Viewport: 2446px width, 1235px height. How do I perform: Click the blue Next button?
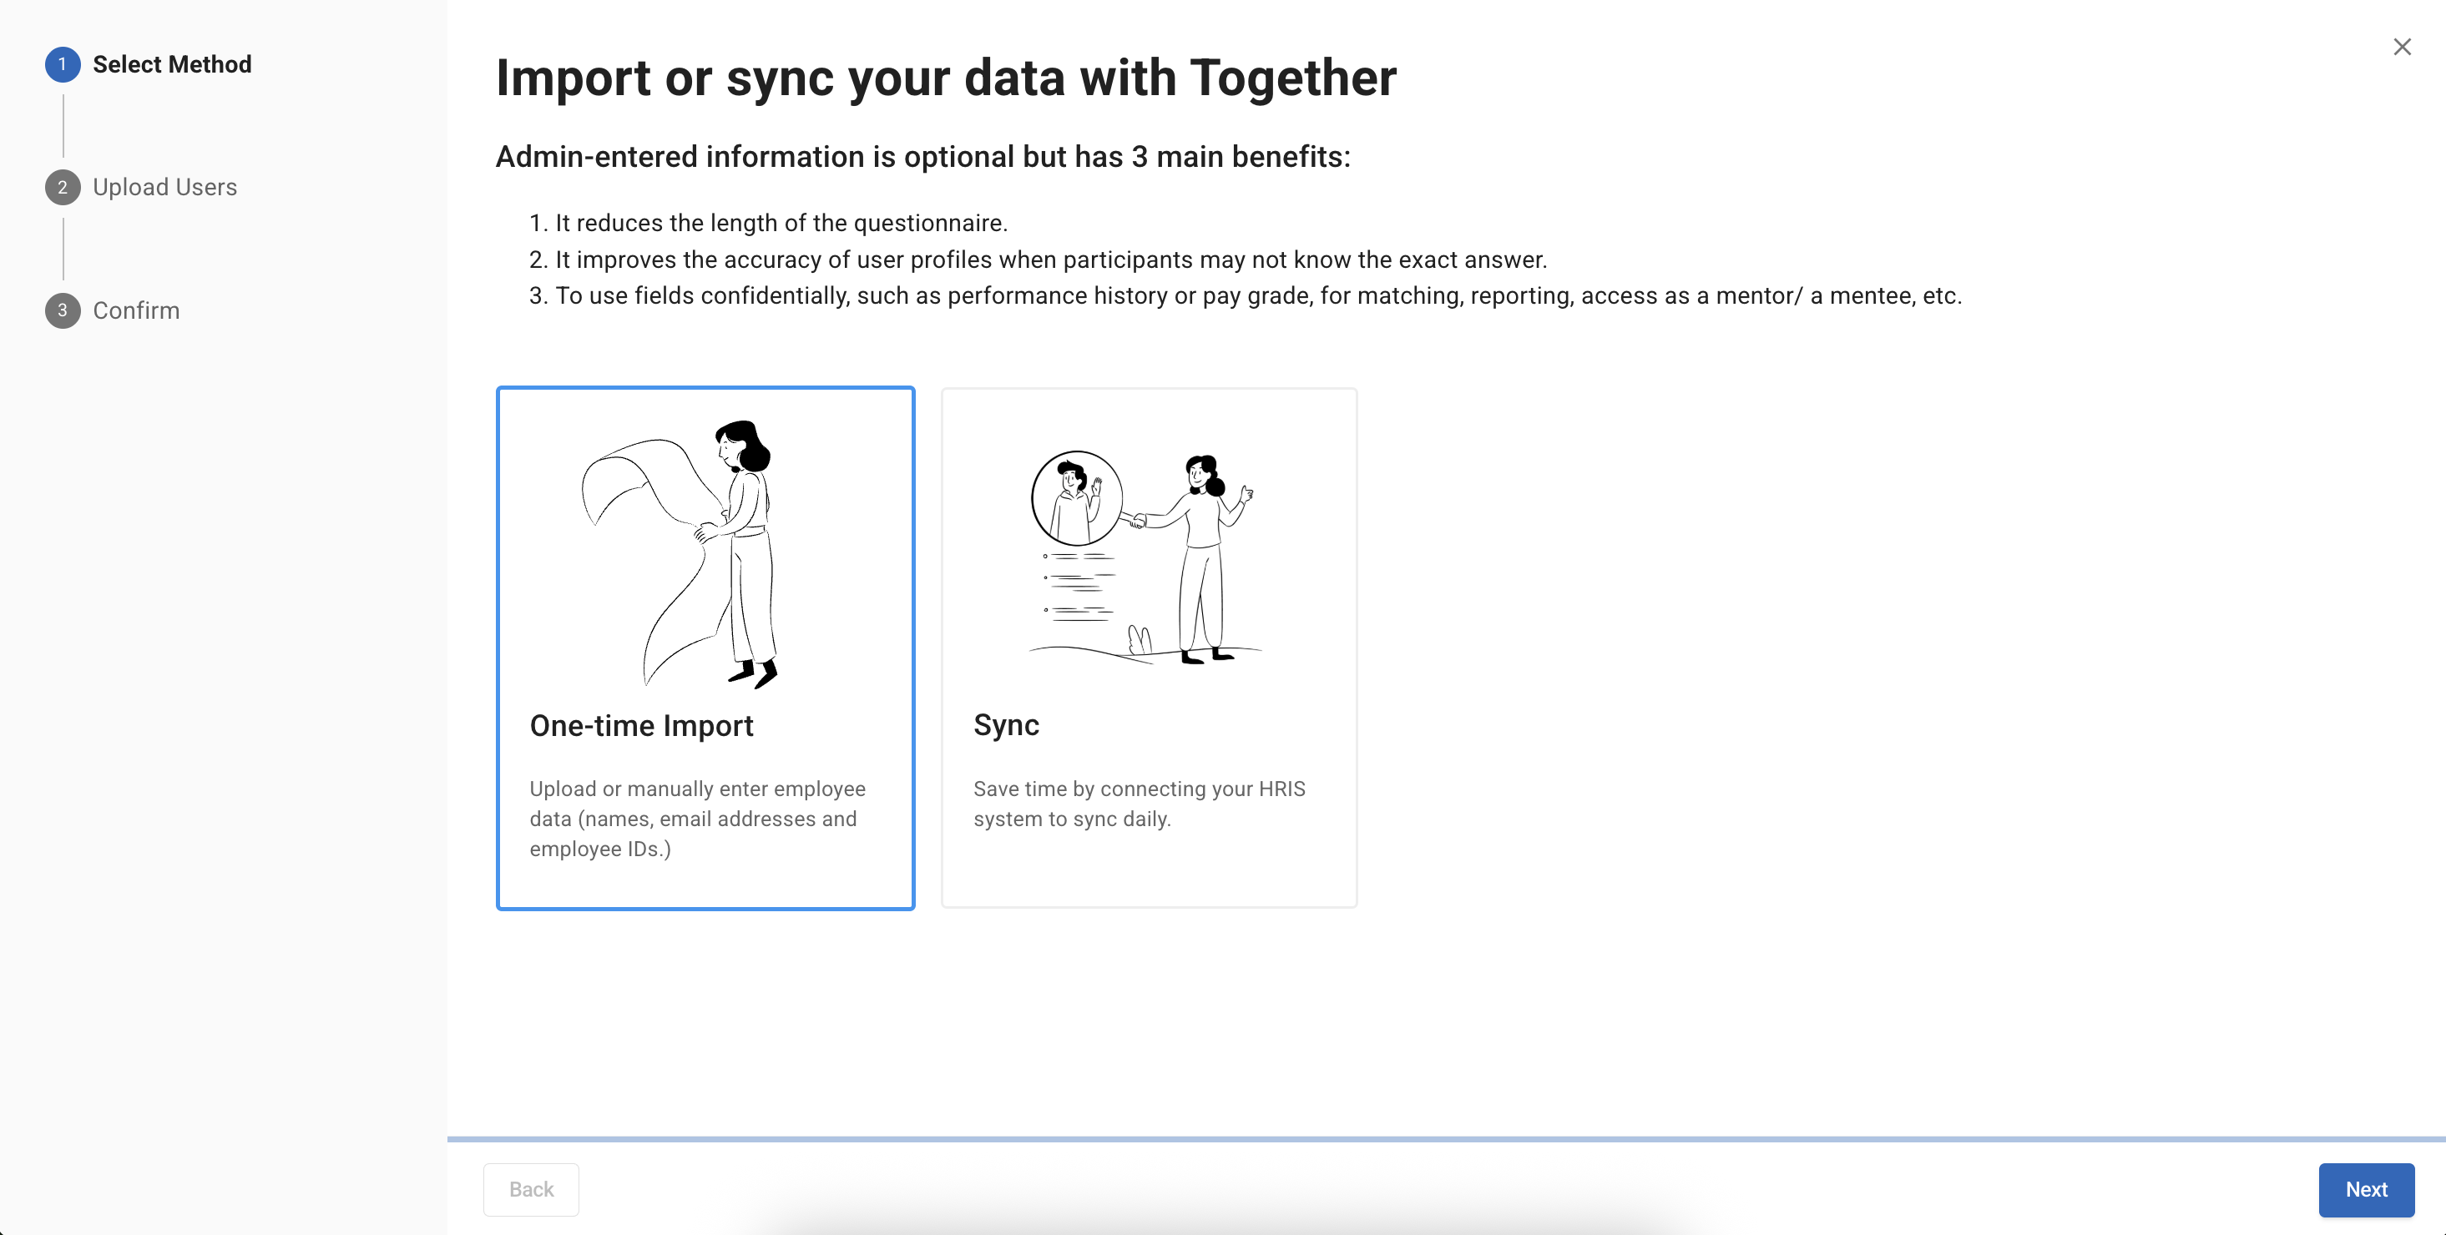pos(2366,1189)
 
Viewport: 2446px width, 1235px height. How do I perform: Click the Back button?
pos(531,1189)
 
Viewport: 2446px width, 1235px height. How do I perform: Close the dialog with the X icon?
pos(2403,47)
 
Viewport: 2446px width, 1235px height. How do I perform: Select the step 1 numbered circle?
pos(63,64)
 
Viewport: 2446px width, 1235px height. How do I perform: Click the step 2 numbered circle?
pos(63,187)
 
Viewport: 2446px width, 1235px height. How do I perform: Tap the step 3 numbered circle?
pos(63,310)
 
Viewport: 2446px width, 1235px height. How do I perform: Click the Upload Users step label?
pos(165,187)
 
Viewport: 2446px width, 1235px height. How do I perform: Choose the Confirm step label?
pos(137,310)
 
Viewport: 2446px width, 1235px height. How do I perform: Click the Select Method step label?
pos(172,64)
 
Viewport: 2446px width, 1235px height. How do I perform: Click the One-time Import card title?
pos(642,725)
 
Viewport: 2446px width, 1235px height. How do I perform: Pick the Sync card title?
pos(1007,725)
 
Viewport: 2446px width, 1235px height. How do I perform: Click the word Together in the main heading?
pos(1293,77)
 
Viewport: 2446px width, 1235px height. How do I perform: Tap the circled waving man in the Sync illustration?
pos(1077,497)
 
